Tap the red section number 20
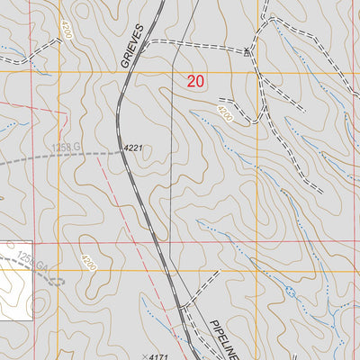coord(196,82)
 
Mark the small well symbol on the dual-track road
coord(247,52)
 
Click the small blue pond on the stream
coord(290,292)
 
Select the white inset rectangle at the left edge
coord(15,281)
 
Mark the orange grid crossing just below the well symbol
coord(258,71)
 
